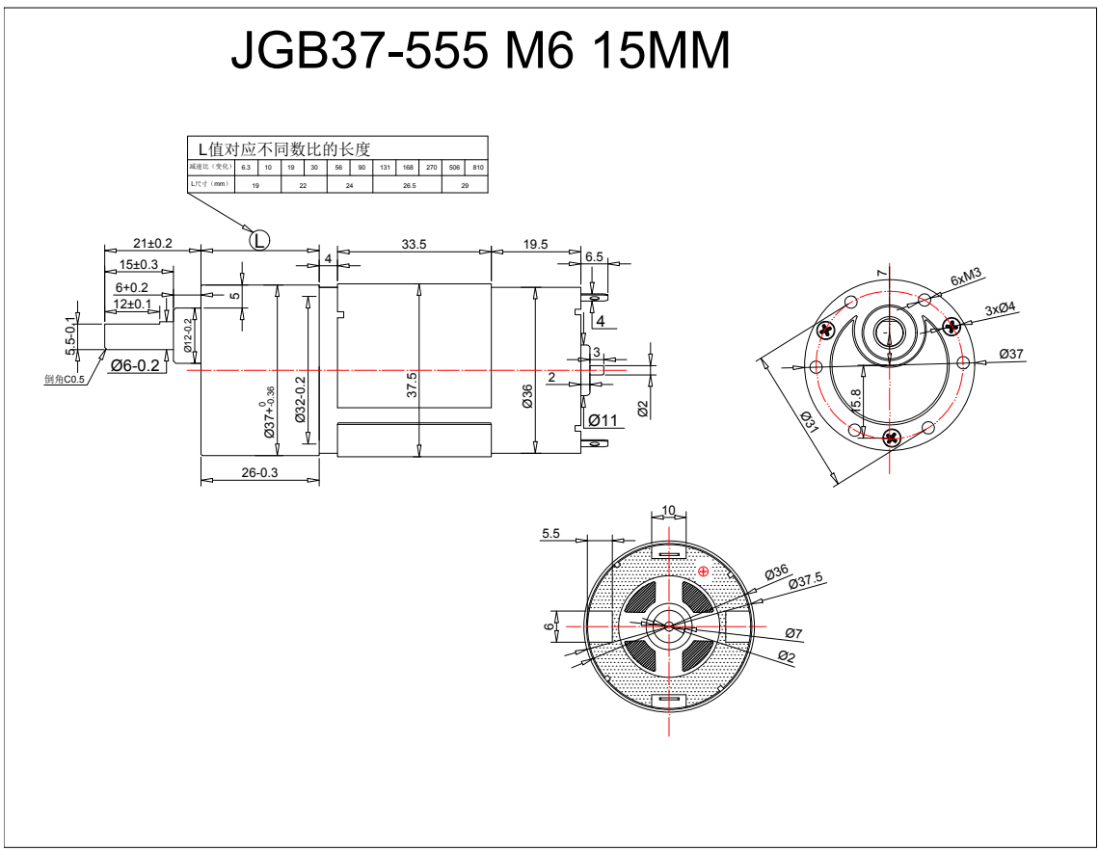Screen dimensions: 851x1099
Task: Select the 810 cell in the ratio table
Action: click(478, 168)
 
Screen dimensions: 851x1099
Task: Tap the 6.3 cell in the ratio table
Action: click(246, 168)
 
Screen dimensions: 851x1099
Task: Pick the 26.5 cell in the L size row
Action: click(409, 185)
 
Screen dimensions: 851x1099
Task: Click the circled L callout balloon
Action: click(260, 240)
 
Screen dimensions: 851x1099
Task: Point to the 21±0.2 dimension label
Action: click(152, 243)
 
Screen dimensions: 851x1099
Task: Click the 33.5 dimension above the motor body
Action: click(414, 245)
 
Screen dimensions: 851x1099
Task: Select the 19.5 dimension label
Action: click(535, 245)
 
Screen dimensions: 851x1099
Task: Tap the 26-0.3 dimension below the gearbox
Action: click(259, 472)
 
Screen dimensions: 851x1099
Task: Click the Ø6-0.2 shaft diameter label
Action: click(135, 365)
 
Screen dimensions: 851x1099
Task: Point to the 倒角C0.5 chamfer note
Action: click(65, 379)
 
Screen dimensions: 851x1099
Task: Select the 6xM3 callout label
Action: click(965, 277)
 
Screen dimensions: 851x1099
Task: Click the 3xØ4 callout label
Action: click(1000, 308)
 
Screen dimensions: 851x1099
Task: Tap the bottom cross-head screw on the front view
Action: click(891, 439)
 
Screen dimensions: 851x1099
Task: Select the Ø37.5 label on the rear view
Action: click(805, 579)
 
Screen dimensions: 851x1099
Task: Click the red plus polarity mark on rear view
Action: click(703, 572)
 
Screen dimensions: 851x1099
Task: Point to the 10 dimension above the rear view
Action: click(668, 511)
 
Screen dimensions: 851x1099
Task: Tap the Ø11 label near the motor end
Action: click(603, 420)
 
